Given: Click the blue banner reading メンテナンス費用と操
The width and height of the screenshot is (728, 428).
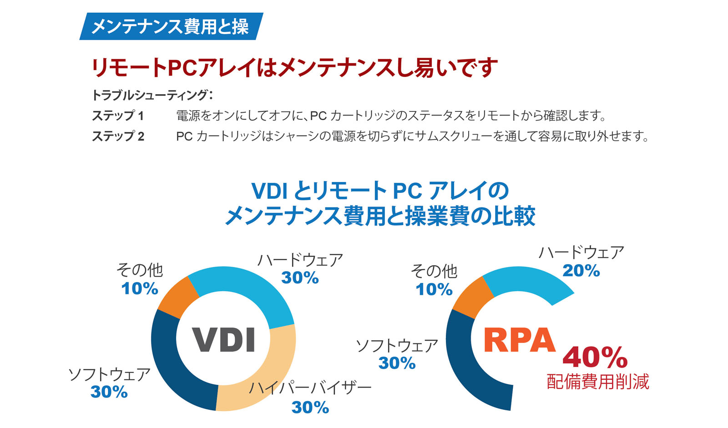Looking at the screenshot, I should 170,26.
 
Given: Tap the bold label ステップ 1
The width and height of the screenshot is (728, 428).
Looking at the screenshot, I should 118,116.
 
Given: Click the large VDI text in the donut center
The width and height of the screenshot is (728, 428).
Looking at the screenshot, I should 223,340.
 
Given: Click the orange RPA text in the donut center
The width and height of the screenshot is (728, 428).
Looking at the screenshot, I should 519,340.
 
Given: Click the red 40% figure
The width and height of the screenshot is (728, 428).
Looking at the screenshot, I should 595,358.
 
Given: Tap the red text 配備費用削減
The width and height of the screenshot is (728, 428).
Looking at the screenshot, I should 598,382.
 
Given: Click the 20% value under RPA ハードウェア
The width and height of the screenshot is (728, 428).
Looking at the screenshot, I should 581,271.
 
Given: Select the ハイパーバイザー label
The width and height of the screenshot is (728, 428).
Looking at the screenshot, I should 310,388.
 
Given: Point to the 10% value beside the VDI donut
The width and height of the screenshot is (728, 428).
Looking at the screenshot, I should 140,289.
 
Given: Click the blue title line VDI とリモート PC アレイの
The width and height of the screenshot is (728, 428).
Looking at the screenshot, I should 380,191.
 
